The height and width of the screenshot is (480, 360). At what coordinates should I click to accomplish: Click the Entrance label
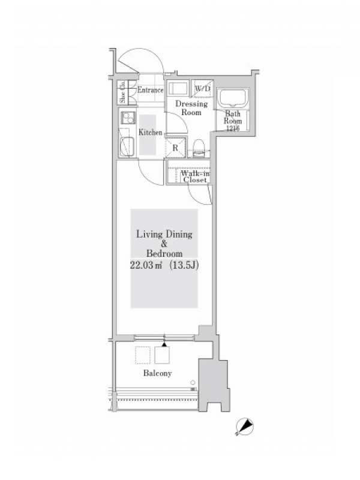[151, 90]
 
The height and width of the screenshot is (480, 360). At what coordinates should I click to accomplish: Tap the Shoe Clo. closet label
[123, 92]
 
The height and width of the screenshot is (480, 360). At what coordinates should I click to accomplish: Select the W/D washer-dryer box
[202, 89]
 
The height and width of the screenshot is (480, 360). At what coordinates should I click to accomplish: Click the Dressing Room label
[191, 108]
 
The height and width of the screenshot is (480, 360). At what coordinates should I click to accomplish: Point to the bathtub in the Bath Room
[233, 98]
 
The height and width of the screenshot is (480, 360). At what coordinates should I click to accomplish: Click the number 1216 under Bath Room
[233, 128]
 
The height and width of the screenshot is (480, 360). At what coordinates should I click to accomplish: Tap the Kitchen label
[151, 132]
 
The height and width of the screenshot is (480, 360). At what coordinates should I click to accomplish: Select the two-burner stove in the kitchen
[128, 118]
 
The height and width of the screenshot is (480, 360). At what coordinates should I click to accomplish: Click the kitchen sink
[127, 147]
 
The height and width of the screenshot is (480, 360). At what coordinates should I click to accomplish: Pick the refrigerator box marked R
[176, 148]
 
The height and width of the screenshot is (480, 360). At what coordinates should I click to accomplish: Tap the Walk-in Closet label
[195, 176]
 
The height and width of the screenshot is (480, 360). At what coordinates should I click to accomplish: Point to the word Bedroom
[164, 254]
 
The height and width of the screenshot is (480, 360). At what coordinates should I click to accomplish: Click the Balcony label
[157, 373]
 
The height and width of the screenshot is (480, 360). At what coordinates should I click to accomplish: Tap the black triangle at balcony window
[164, 344]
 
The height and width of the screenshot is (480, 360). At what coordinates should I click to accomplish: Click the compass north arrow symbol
[245, 427]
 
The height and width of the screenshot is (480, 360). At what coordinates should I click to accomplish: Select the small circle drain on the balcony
[193, 382]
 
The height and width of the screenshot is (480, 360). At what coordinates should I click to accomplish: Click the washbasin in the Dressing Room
[178, 88]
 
